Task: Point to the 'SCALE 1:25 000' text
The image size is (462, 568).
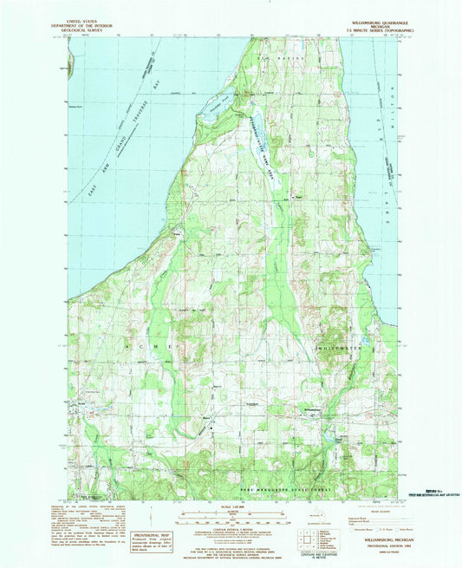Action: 231,506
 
